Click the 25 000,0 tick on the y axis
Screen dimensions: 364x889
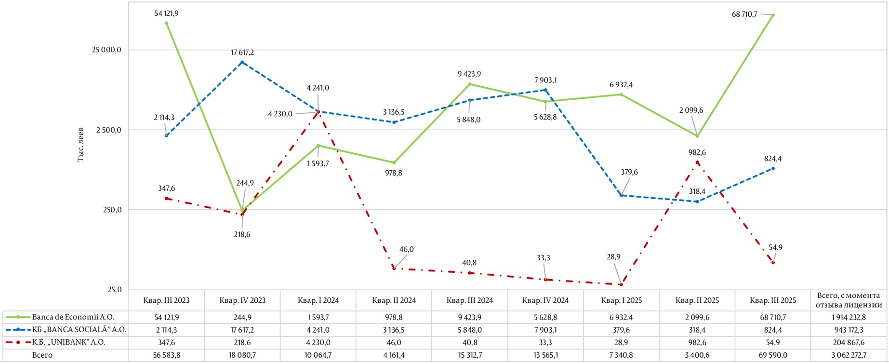tap(106, 50)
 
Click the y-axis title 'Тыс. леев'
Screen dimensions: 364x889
tap(80, 145)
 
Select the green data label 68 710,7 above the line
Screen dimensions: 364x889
tap(744, 14)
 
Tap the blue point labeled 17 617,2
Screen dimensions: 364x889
tap(242, 62)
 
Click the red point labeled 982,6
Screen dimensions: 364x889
tap(697, 162)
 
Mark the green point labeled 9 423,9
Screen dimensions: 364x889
tap(470, 84)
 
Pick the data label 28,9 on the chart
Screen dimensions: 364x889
tap(613, 257)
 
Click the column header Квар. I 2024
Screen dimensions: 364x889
tap(318, 300)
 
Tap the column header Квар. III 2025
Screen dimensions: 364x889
tap(773, 300)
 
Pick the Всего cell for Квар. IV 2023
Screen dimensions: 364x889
tap(242, 355)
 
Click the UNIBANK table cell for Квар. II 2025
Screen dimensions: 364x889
tap(697, 342)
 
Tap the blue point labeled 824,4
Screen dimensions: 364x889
tap(773, 168)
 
